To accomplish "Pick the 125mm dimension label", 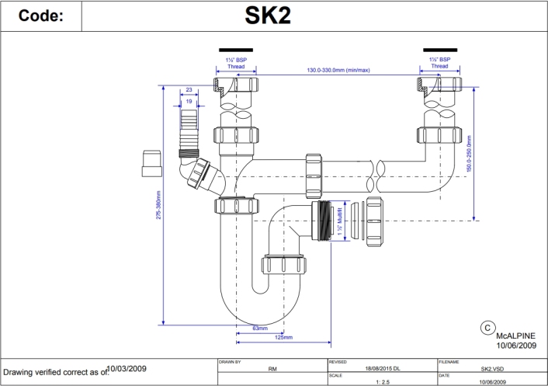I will [283, 337].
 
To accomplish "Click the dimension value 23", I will [188, 90].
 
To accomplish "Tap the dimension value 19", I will [189, 101].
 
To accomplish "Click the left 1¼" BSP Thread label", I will [235, 63].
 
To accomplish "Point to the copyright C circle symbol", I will [487, 327].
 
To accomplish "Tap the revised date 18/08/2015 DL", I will [380, 369].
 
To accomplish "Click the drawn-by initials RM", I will [272, 369].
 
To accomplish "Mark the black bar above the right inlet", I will [440, 50].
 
